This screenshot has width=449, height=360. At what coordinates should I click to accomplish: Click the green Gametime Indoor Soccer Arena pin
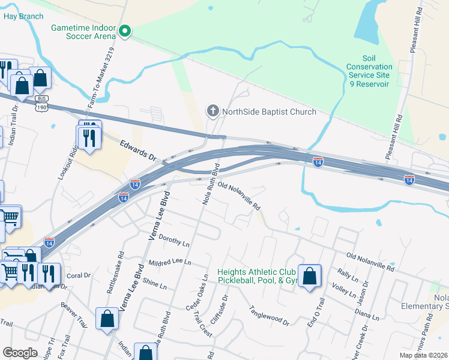coord(125,31)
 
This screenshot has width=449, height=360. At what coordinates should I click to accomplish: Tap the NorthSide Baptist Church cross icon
coord(212,111)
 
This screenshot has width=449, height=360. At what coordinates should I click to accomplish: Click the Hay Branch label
coord(23,16)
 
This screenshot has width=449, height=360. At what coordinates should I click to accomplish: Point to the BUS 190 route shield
coord(41,103)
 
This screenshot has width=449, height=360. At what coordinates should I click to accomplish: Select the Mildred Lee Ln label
coord(169,262)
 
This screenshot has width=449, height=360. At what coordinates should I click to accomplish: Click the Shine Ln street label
coord(154,284)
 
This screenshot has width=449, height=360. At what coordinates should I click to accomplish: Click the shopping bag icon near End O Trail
coord(309,277)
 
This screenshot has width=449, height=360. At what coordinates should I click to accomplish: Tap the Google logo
coord(19,352)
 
